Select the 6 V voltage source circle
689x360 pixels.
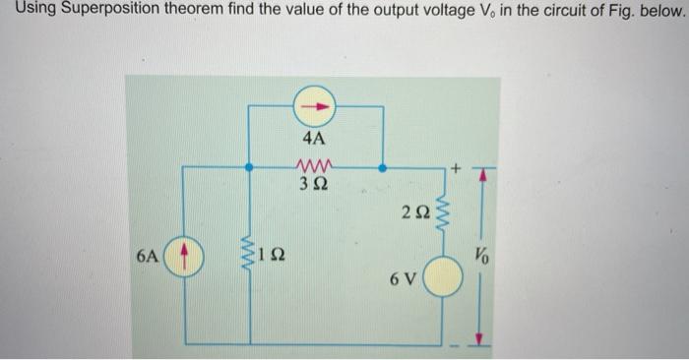pyautogui.click(x=442, y=278)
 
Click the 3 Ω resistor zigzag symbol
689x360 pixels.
pyautogui.click(x=316, y=164)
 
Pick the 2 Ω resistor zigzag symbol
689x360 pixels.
pyautogui.click(x=442, y=215)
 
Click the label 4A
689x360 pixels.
pyautogui.click(x=316, y=139)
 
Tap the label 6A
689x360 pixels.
pyautogui.click(x=147, y=258)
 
